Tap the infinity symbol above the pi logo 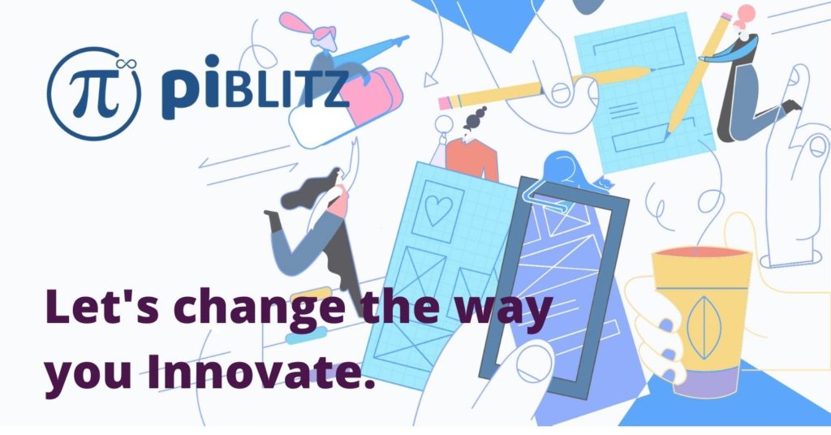tap(127, 65)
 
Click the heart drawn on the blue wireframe tap(438, 210)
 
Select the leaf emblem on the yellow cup tap(703, 327)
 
